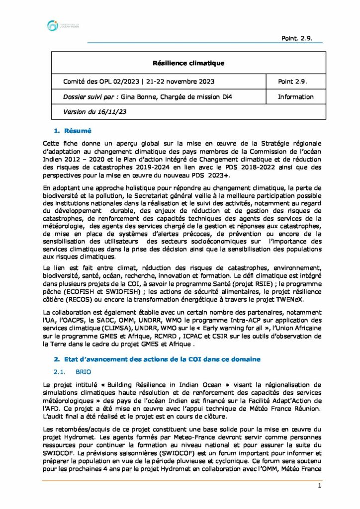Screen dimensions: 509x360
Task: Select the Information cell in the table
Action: pos(295,97)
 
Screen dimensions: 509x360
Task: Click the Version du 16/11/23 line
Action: pos(94,112)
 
